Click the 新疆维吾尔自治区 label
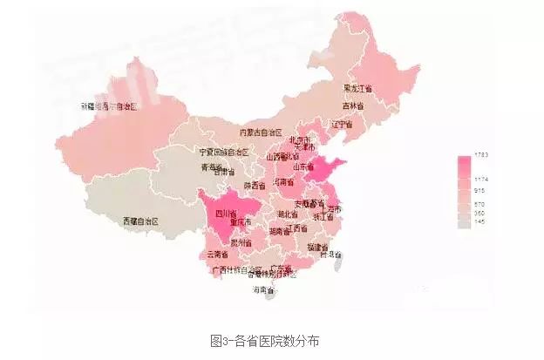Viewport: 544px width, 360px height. click(x=111, y=105)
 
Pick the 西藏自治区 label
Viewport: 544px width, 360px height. click(x=140, y=221)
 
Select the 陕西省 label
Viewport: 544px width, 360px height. click(x=254, y=185)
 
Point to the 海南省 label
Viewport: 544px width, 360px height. click(x=263, y=289)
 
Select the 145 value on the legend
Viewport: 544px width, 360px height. click(x=479, y=221)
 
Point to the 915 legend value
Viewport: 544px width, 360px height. click(x=479, y=189)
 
